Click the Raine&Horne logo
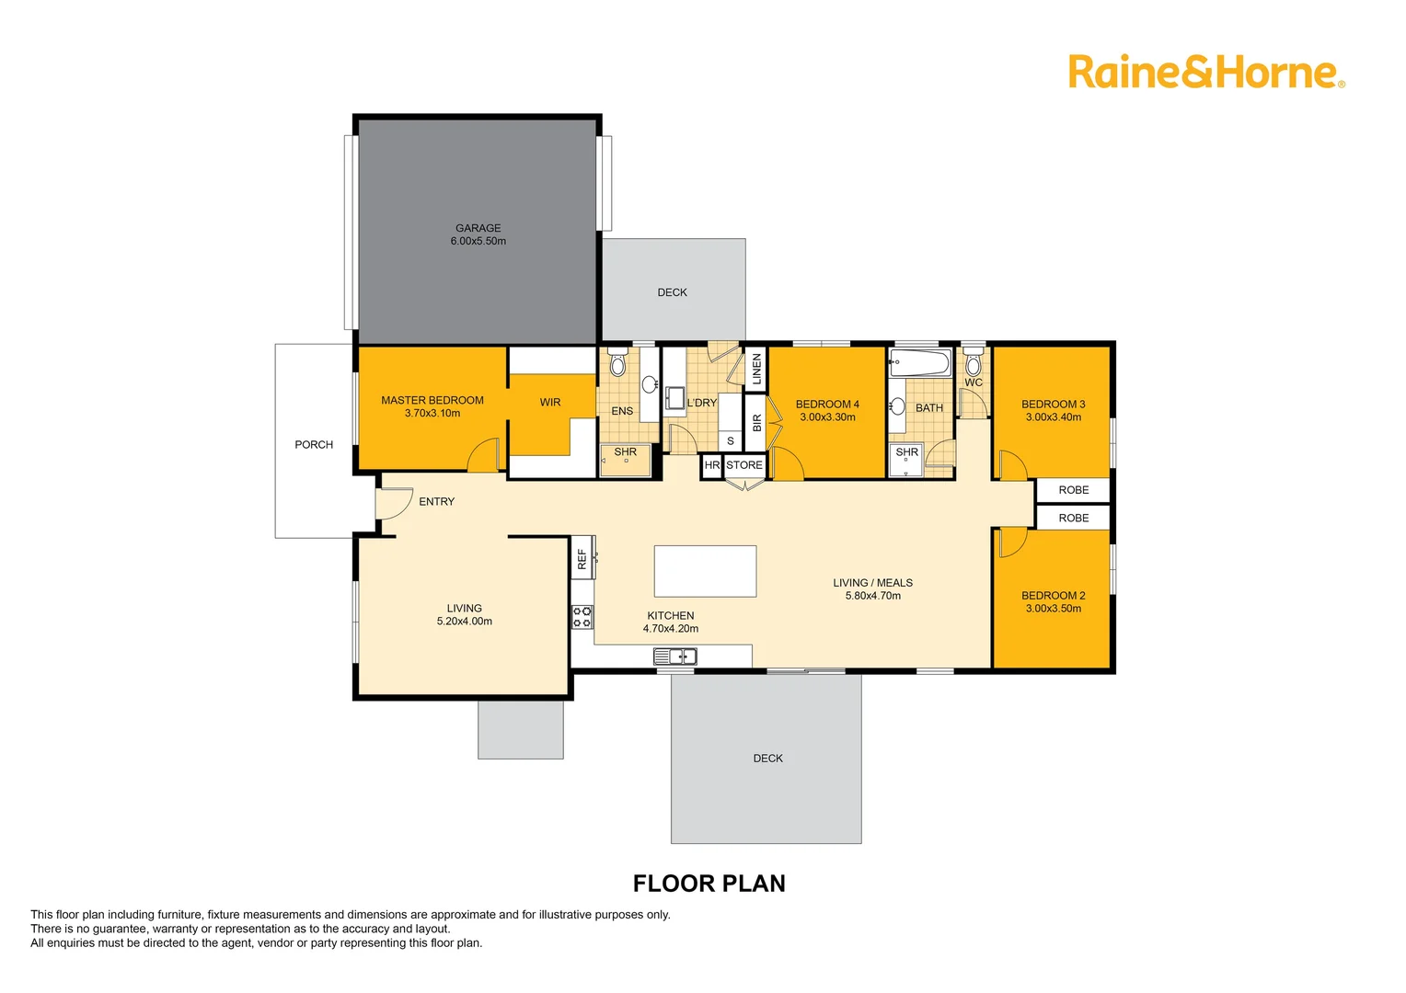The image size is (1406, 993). point(1205,73)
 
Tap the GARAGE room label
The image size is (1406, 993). point(478,228)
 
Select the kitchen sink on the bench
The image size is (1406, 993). point(675,656)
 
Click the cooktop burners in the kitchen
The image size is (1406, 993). point(582,616)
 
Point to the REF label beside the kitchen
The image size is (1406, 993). point(582,558)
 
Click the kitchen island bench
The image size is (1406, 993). point(705,571)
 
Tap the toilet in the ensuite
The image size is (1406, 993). point(617,364)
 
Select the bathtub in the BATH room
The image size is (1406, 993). point(920,362)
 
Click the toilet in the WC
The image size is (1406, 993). point(974,363)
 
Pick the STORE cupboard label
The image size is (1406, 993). point(744,465)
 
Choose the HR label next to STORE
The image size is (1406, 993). point(711,465)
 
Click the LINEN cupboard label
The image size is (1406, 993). point(756,369)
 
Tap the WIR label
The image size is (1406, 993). point(550,403)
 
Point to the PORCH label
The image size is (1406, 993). point(314,445)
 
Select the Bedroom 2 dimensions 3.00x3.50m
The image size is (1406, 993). point(1054,609)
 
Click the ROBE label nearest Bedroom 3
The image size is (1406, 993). point(1073,490)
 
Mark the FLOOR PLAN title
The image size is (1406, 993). point(709,884)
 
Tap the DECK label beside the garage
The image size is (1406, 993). point(672,292)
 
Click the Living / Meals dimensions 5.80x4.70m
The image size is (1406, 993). point(872,596)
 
